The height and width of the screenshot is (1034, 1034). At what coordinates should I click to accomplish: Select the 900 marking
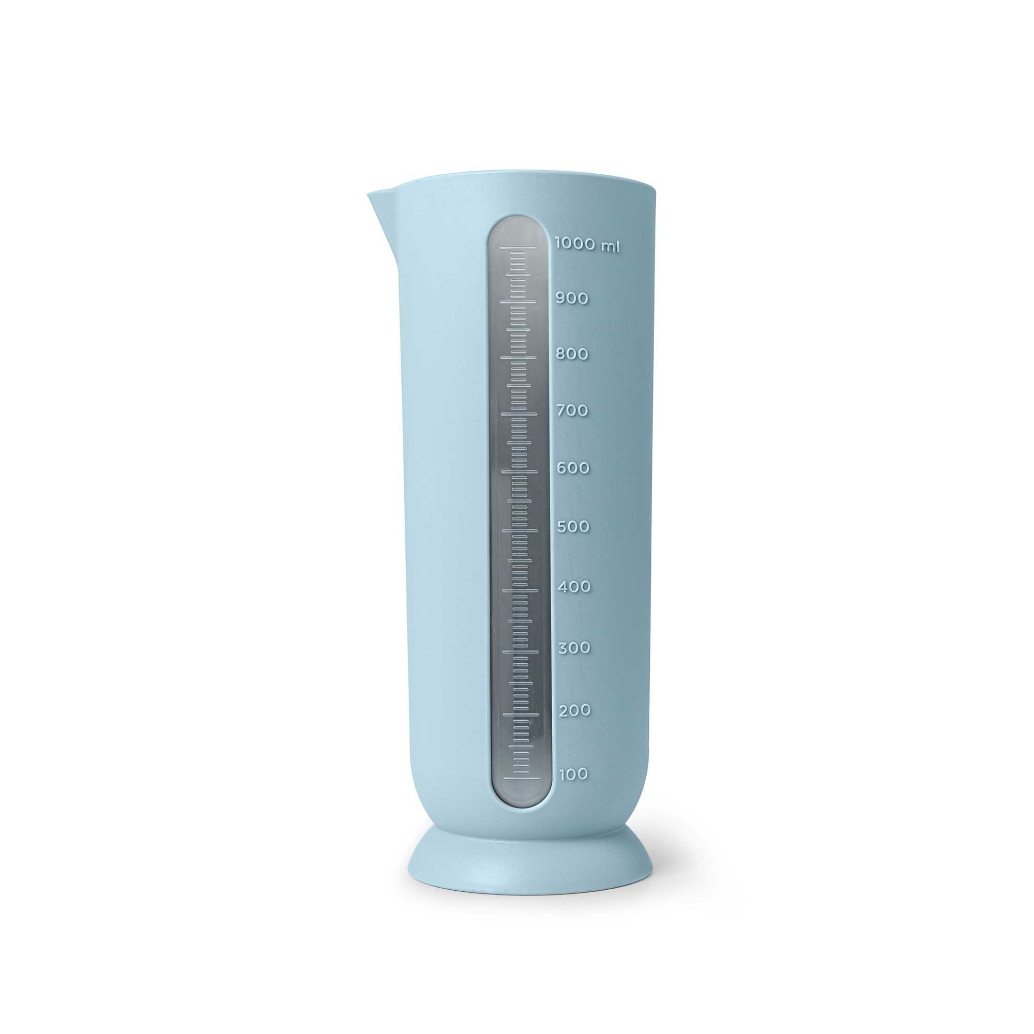coord(572,298)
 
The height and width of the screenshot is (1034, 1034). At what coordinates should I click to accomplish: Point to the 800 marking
coord(572,354)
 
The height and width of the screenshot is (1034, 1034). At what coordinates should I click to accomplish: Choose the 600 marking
coord(573,468)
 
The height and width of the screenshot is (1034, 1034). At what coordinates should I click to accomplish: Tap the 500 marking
coord(573,527)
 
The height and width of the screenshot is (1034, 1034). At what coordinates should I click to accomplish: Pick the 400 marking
coord(574,587)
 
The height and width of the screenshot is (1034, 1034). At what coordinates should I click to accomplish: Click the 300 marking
coord(574,648)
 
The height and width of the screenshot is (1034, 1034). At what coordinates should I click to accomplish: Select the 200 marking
coord(575,711)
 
